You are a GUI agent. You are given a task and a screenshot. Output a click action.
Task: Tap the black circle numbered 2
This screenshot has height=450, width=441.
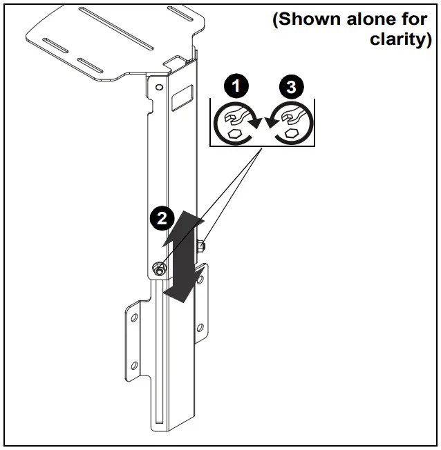tap(161, 219)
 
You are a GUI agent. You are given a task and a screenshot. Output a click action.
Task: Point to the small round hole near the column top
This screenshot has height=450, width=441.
tap(159, 88)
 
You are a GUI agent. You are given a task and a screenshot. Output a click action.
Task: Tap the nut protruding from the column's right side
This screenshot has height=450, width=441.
tap(201, 245)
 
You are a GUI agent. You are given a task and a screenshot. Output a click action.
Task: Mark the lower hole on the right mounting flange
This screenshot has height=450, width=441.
tap(200, 329)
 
